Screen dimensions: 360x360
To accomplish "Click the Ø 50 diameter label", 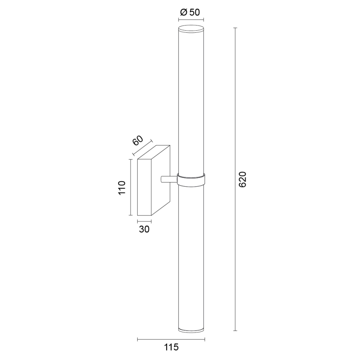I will [191, 12].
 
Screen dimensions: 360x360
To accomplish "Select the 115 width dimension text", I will [170, 348].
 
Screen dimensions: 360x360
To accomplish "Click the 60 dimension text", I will [138, 140].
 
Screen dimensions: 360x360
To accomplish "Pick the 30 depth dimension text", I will [144, 229].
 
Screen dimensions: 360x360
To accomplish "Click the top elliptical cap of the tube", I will [191, 29].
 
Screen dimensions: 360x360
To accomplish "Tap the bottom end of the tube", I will [191, 330].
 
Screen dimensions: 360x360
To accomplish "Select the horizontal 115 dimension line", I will [170, 340].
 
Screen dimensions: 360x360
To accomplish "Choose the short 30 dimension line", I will [144, 221].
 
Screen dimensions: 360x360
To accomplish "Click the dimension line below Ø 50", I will [191, 19].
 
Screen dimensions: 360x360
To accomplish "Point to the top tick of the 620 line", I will [235, 28].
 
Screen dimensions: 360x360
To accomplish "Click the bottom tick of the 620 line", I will [235, 331].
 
